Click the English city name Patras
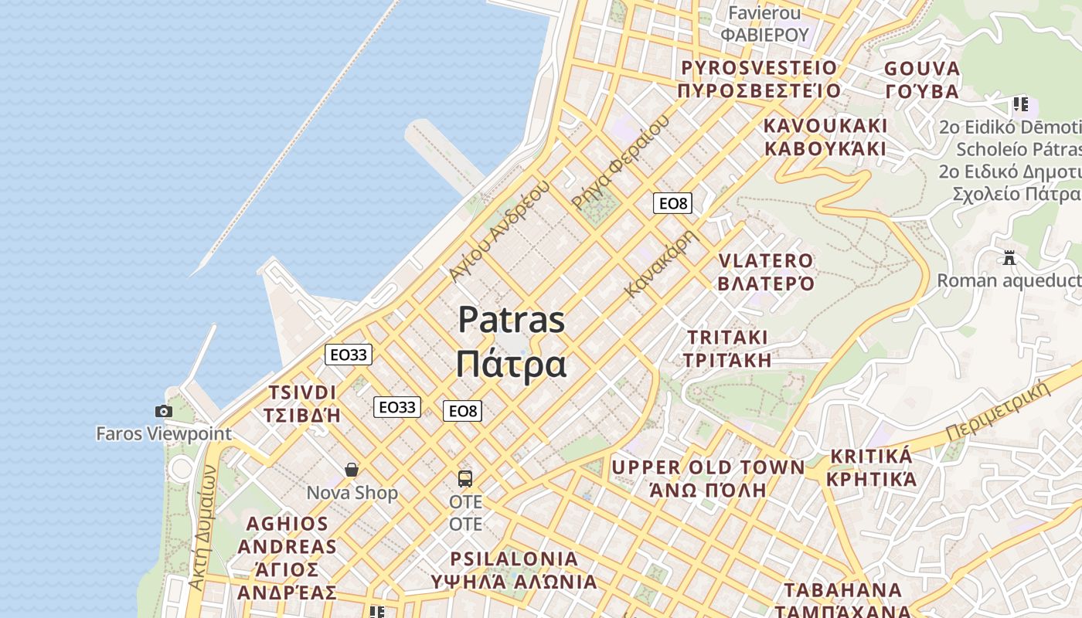click(x=511, y=320)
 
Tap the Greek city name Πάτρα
click(x=511, y=364)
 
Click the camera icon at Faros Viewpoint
click(x=164, y=411)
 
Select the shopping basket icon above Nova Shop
click(x=352, y=470)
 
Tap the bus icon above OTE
click(x=464, y=478)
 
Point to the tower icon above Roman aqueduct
click(x=1009, y=257)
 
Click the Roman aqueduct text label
click(x=1009, y=280)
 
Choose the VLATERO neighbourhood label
click(x=766, y=261)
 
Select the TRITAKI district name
click(x=727, y=338)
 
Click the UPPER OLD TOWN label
click(x=708, y=467)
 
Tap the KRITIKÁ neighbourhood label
click(x=871, y=456)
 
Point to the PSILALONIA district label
click(x=514, y=559)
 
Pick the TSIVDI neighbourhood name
click(x=302, y=392)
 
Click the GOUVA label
click(x=922, y=69)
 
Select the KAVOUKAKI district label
click(x=825, y=126)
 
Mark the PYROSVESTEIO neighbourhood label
click(x=759, y=68)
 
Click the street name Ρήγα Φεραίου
click(x=620, y=161)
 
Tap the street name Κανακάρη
click(x=662, y=263)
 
